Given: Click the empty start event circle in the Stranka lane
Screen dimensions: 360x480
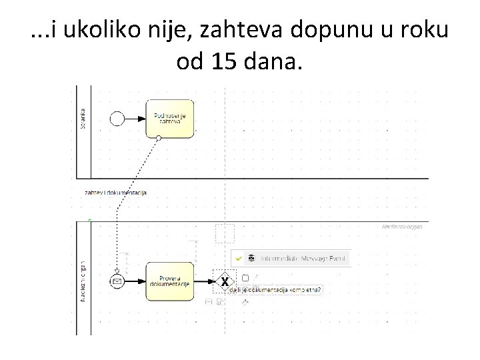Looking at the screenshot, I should coord(118,119).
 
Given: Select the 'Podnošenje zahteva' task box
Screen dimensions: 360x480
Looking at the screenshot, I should coord(169,118).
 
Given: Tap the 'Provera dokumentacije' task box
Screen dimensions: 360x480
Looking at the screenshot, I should coord(169,281).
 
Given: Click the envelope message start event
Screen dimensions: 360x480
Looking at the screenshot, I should coord(118,281).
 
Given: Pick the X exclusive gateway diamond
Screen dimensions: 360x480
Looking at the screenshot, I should coord(225,281).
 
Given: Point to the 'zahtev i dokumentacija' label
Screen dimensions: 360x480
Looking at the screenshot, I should coord(115,193).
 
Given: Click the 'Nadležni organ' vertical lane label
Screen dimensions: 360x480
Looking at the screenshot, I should coord(83,280).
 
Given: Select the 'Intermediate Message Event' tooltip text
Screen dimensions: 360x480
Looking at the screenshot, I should coord(304,257).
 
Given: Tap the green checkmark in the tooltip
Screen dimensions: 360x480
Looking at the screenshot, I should coord(239,257).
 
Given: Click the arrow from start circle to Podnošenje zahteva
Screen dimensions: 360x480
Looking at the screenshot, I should coord(135,119).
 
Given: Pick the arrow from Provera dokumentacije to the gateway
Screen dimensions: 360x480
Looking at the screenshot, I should coord(203,281).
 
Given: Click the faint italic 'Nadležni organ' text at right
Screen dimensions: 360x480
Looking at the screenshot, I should coord(402,227).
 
